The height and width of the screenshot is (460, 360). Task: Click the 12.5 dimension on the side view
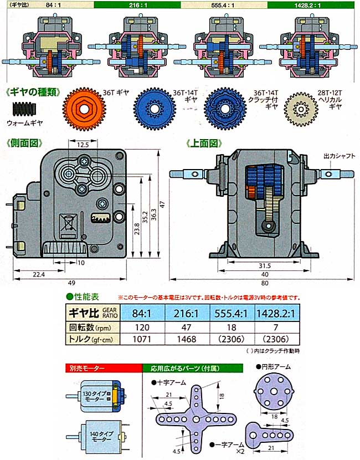(83, 144)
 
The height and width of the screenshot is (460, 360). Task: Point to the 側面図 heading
(24, 142)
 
